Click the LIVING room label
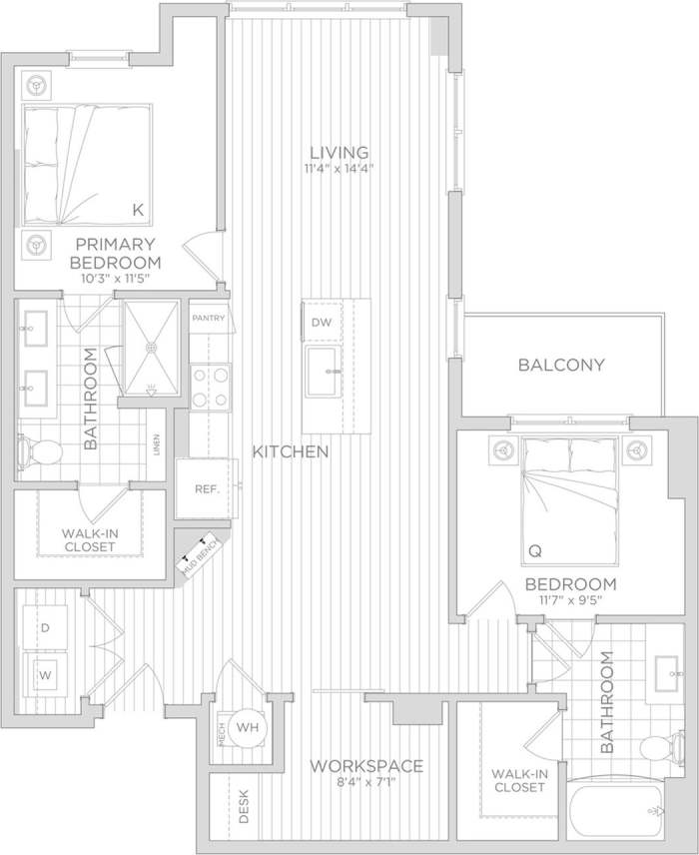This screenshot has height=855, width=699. coord(339,152)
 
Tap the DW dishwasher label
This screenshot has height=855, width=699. coord(321,322)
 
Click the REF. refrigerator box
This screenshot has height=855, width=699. coord(206,488)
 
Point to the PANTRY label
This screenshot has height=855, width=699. coord(210,319)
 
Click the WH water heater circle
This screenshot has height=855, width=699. coord(247,727)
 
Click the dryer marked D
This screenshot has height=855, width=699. coord(45,627)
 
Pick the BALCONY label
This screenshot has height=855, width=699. coord(561,365)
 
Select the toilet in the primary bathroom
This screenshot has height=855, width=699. coord(41,451)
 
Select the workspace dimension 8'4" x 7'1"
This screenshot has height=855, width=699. coord(366,782)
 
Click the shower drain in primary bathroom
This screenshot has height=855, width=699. coord(152,347)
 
